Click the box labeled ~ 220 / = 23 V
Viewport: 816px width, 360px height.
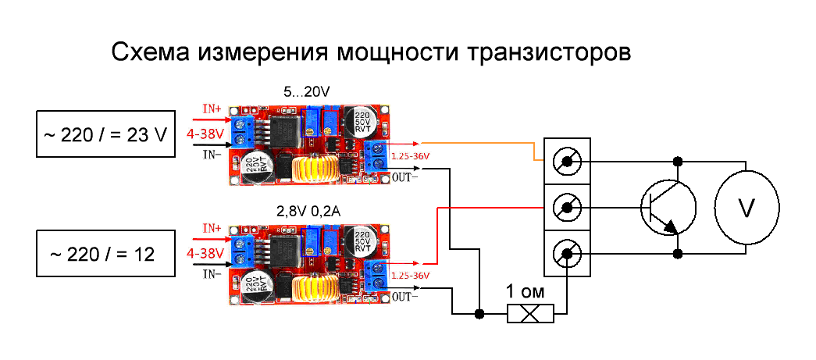point(106,134)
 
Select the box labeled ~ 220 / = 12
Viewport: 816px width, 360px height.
point(106,254)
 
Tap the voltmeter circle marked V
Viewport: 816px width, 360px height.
point(747,209)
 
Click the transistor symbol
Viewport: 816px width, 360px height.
point(668,207)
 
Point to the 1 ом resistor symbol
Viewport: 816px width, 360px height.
point(530,314)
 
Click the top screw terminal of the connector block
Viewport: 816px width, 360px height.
point(566,162)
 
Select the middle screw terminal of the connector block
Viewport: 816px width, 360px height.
point(566,209)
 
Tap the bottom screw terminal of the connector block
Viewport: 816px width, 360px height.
point(566,254)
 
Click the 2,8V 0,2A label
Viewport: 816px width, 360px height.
point(307,212)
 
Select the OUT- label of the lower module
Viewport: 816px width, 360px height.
point(405,297)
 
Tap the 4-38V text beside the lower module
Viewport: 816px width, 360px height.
point(206,254)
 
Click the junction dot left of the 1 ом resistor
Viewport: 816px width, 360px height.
point(479,314)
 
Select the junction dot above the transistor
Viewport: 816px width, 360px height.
point(678,162)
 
